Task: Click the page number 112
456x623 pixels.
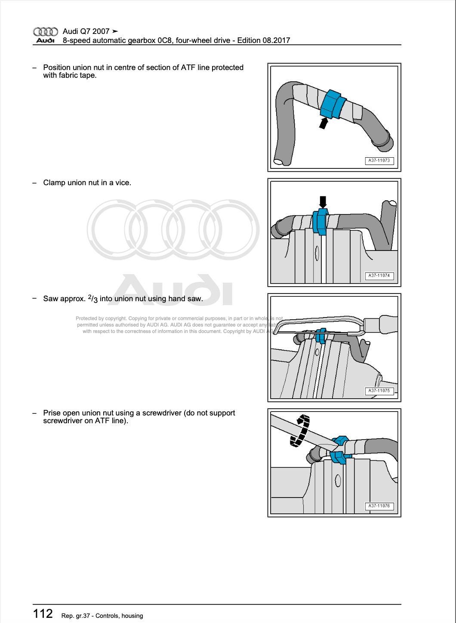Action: (43, 614)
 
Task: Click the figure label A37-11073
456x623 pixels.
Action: (379, 161)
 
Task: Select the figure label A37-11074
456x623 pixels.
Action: (379, 276)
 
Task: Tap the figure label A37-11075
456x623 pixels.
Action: (379, 391)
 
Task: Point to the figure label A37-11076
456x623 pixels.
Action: (379, 506)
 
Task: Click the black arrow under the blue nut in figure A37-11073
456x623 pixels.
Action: (324, 123)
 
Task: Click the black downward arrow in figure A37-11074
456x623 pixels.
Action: (323, 202)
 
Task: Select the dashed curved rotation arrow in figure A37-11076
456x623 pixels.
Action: (300, 430)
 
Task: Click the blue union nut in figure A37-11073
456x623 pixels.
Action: (333, 104)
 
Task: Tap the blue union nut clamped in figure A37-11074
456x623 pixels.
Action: (321, 222)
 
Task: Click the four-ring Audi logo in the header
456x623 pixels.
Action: (45, 31)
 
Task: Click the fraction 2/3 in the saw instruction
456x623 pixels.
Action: (93, 299)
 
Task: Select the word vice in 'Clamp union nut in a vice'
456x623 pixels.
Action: (122, 183)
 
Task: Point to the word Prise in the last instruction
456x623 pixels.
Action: (52, 413)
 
